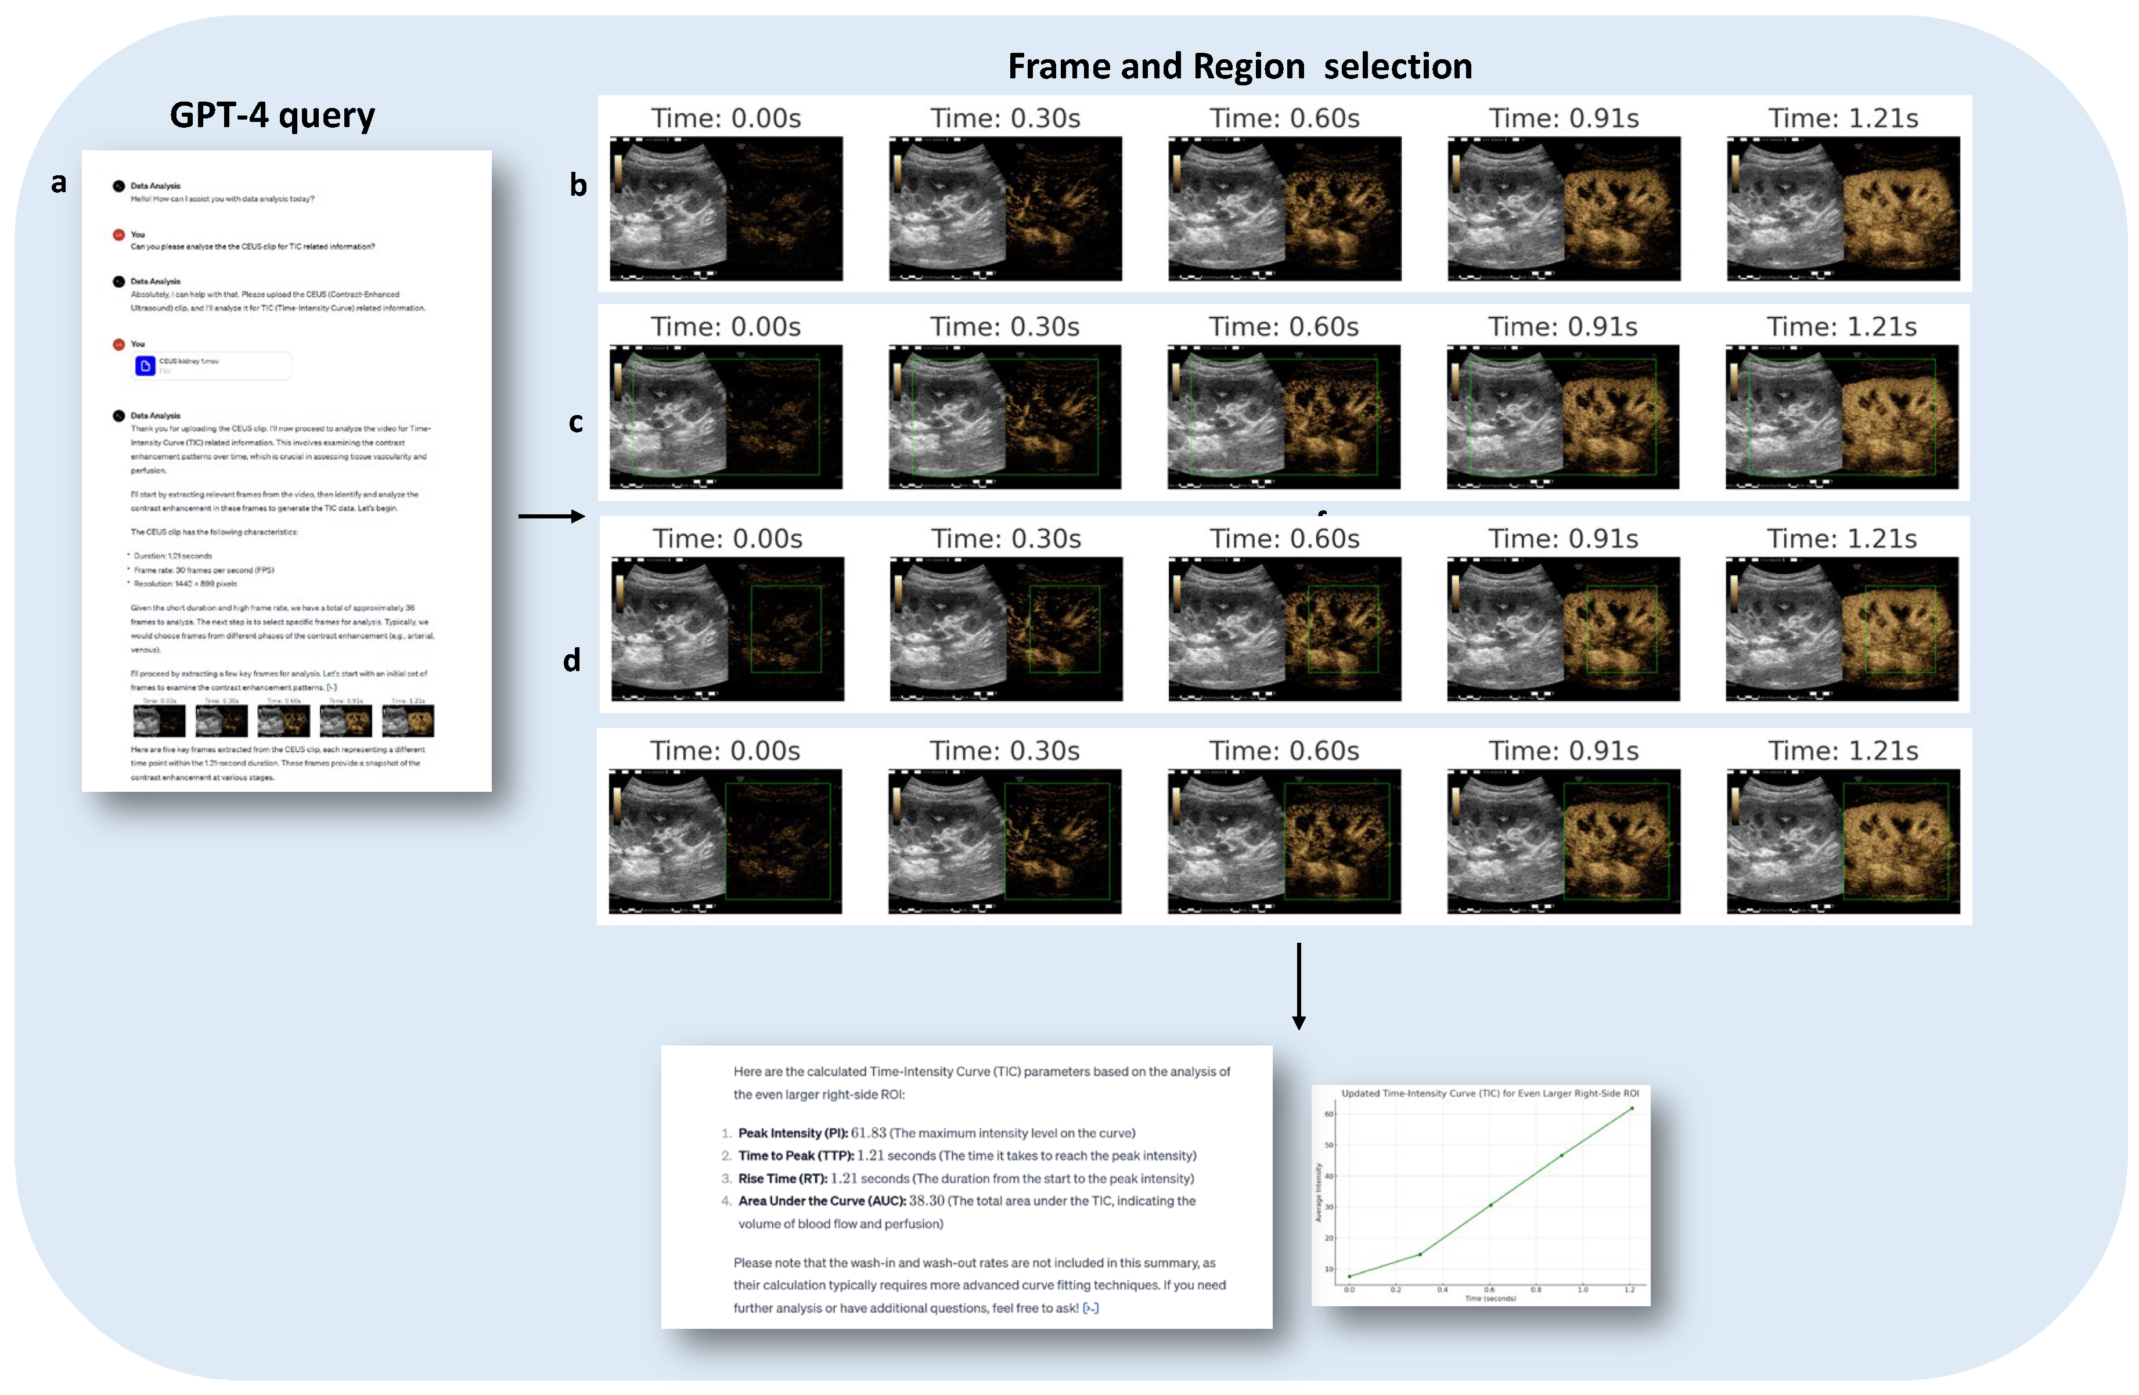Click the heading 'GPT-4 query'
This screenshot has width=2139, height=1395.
coord(272,115)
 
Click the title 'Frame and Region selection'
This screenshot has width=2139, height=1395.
coord(1240,67)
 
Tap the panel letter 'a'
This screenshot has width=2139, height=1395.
coord(59,182)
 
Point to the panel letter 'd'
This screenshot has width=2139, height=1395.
coord(571,661)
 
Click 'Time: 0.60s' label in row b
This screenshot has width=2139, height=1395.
coord(1284,118)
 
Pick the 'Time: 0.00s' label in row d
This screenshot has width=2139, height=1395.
coord(727,538)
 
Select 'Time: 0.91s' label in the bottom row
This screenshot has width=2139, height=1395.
coord(1563,751)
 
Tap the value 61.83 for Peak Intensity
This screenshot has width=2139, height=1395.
coord(868,1133)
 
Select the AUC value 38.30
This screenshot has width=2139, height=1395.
coord(927,1201)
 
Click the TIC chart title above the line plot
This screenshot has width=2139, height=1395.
coord(1489,1094)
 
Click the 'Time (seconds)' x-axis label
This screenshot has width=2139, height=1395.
coord(1489,1298)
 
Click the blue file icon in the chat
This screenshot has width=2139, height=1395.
coord(145,366)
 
